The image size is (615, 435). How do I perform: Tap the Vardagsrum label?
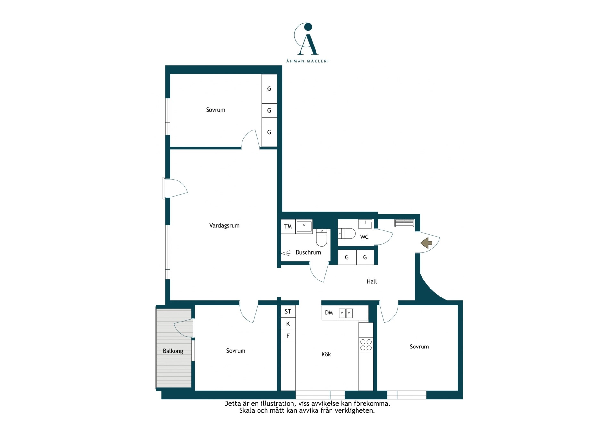pyautogui.click(x=224, y=225)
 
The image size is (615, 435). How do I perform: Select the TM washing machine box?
pyautogui.click(x=288, y=226)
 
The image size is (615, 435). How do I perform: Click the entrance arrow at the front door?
pyautogui.click(x=426, y=243)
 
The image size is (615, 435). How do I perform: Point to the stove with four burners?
pyautogui.click(x=366, y=345)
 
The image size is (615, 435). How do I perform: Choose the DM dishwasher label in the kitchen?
pyautogui.click(x=329, y=313)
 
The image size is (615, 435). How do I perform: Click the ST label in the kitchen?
pyautogui.click(x=288, y=311)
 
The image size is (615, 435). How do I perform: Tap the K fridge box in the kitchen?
pyautogui.click(x=288, y=324)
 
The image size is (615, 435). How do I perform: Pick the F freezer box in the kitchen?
pyautogui.click(x=288, y=336)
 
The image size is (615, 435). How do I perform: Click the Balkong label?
pyautogui.click(x=173, y=351)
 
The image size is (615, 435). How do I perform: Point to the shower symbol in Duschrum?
pyautogui.click(x=286, y=253)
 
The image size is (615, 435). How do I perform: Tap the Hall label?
pyautogui.click(x=372, y=281)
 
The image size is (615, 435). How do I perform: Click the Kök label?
pyautogui.click(x=326, y=354)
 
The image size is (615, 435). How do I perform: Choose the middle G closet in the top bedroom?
pyautogui.click(x=269, y=110)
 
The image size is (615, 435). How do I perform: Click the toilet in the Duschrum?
pyautogui.click(x=322, y=237)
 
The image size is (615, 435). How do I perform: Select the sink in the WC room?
pyautogui.click(x=365, y=224)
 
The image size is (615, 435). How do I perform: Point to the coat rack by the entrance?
pyautogui.click(x=404, y=223)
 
